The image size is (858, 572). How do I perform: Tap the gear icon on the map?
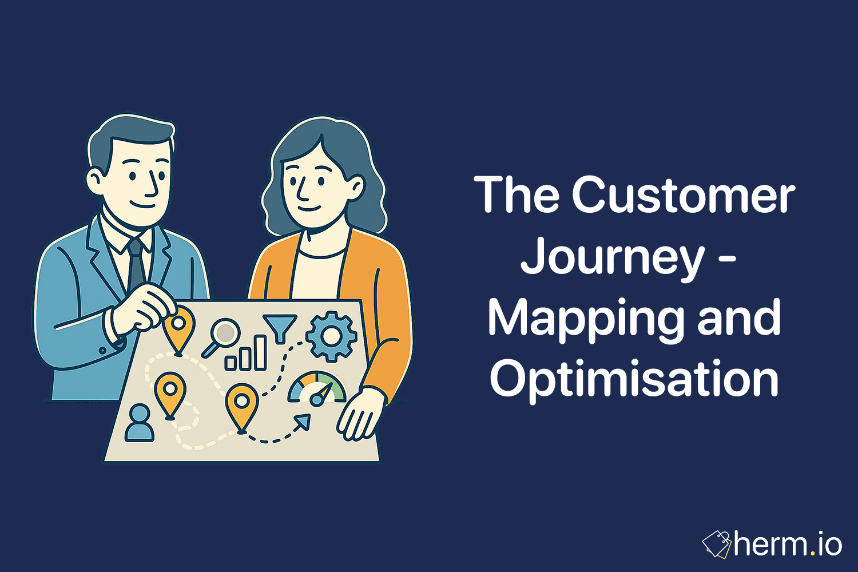(x=331, y=336)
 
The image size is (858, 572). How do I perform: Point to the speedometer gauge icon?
(x=317, y=390)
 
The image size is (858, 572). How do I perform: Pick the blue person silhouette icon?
(x=139, y=423)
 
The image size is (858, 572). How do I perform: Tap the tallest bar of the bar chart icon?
(x=260, y=352)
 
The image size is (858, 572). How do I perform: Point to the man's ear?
(x=95, y=181)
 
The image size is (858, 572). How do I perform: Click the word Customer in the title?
(x=683, y=195)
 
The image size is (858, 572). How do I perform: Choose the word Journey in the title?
(x=613, y=257)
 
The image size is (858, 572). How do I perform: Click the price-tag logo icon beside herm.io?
(x=717, y=545)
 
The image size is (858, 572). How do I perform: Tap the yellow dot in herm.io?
(x=812, y=554)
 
